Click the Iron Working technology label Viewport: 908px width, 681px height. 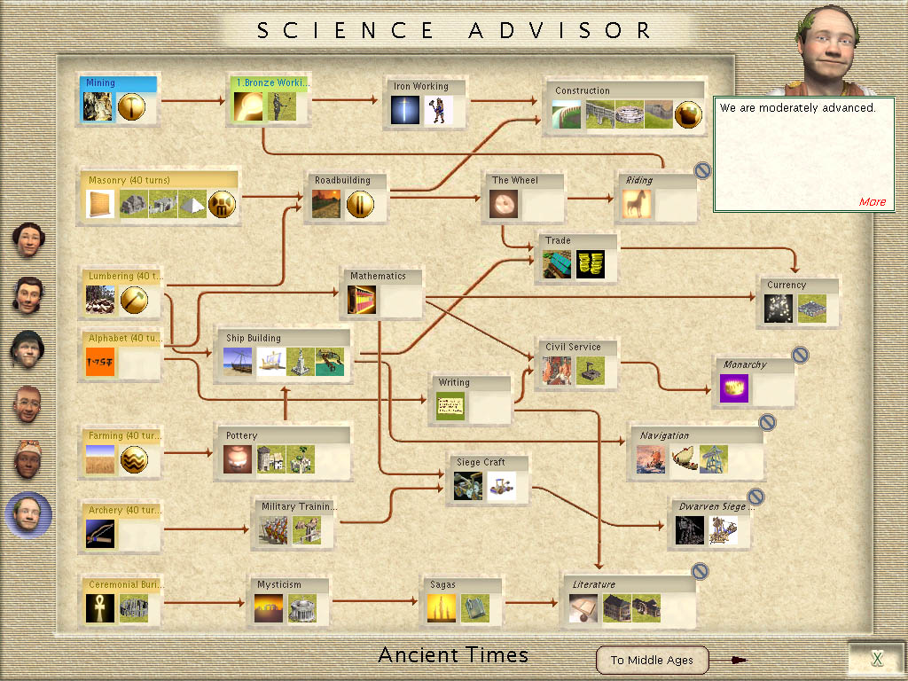click(x=421, y=87)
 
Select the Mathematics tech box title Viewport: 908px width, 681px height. click(x=378, y=276)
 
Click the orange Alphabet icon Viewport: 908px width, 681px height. click(x=100, y=363)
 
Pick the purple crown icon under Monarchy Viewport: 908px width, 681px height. click(x=733, y=389)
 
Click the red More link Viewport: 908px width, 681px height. click(x=872, y=201)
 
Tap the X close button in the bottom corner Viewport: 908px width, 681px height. click(x=877, y=658)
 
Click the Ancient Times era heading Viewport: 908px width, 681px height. click(x=453, y=655)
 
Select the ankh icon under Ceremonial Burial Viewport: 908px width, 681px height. click(x=100, y=608)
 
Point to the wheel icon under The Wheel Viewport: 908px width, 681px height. click(x=504, y=205)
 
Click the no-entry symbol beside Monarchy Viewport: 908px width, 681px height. click(x=800, y=355)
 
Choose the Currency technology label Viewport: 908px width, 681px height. click(x=787, y=285)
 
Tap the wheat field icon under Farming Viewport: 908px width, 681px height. click(x=100, y=459)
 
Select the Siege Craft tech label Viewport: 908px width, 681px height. click(x=481, y=462)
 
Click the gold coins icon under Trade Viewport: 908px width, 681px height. click(x=590, y=264)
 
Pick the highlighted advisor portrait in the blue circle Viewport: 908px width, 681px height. click(x=27, y=514)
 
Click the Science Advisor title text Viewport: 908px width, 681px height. click(x=454, y=30)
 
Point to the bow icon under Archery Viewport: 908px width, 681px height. click(x=100, y=533)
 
